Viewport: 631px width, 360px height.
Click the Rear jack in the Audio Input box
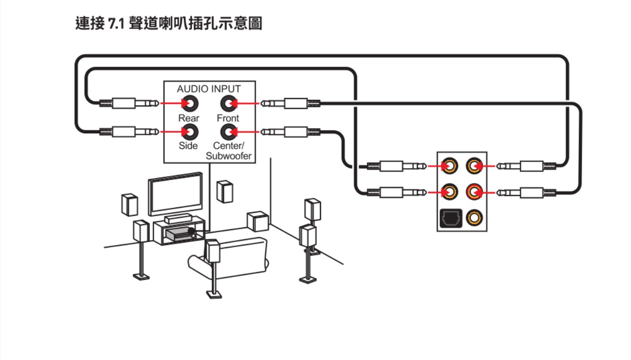pyautogui.click(x=189, y=103)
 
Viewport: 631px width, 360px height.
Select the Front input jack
pyautogui.click(x=228, y=103)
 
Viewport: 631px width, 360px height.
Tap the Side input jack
pyautogui.click(x=189, y=132)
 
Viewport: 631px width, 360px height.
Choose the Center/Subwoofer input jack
pyautogui.click(x=228, y=132)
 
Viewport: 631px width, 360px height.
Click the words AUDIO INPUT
pyautogui.click(x=209, y=89)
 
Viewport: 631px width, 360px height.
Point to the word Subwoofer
pyautogui.click(x=229, y=156)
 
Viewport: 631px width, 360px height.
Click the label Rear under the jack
pyautogui.click(x=189, y=118)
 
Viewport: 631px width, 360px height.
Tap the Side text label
pyautogui.click(x=188, y=146)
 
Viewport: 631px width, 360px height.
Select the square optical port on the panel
pyautogui.click(x=451, y=217)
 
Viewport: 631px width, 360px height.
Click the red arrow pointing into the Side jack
pyautogui.click(x=171, y=132)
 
